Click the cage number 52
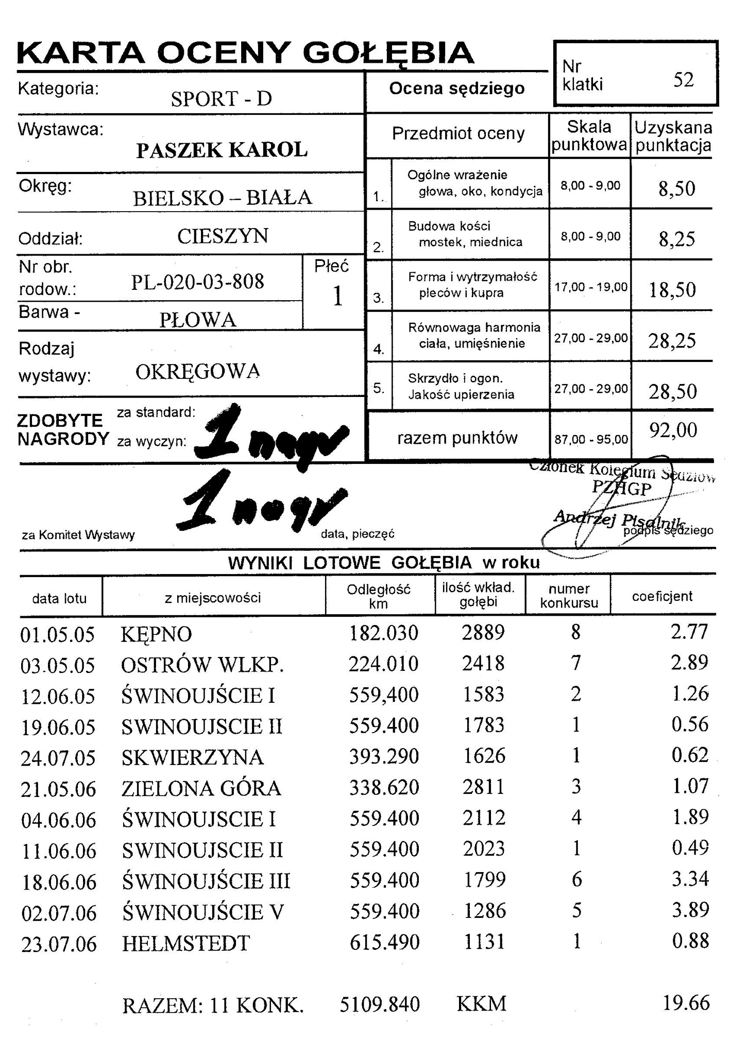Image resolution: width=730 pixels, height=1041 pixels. point(683,80)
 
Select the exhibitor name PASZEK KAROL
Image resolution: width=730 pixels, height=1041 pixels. point(222,150)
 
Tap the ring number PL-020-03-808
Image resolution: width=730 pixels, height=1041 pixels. point(197,282)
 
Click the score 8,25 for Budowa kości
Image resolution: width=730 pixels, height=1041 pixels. point(676,239)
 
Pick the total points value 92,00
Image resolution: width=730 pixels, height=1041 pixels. point(673,430)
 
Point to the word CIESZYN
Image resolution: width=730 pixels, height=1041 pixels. point(223,236)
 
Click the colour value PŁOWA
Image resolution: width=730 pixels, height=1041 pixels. point(197,320)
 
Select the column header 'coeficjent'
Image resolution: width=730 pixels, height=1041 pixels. point(662,596)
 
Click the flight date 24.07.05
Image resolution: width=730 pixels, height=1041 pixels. point(58,758)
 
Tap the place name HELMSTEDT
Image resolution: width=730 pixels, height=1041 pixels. point(185,944)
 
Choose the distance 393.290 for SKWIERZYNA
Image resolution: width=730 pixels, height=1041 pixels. point(384,757)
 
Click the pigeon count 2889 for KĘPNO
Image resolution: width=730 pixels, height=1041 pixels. point(483,633)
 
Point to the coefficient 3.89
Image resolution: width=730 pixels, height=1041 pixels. point(690,910)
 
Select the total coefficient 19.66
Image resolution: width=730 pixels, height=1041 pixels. point(686,1003)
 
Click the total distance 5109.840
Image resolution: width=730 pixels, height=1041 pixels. point(380,1004)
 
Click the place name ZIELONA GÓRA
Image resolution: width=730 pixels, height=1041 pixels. point(201,788)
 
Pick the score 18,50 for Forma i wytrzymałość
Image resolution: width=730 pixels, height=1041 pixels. point(672,290)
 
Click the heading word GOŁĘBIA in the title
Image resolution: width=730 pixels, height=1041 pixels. point(388,53)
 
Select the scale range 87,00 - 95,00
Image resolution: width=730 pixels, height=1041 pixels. point(591,440)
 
